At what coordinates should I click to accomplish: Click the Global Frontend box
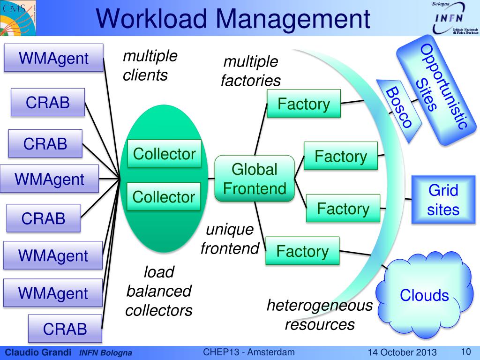255,179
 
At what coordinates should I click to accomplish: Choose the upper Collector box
164,153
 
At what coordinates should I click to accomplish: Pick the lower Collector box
164,196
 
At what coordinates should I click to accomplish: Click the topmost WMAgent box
53,58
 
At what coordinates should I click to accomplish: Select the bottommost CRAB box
65,329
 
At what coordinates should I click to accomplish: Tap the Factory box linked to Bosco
304,104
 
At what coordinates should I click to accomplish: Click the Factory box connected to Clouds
302,251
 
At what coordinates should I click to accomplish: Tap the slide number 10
466,352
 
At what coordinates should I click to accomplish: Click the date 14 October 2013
402,352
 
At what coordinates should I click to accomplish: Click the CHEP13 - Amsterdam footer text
249,352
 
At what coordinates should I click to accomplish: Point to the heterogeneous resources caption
320,315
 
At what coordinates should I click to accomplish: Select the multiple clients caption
150,65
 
